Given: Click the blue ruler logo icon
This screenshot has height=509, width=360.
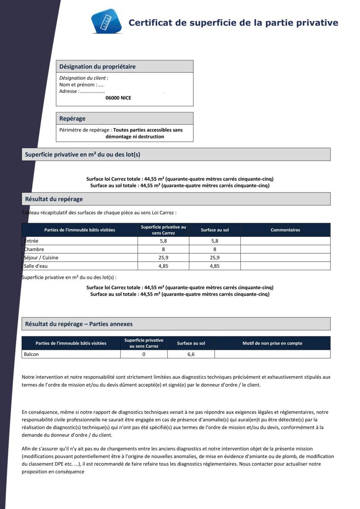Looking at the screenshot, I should (107, 21).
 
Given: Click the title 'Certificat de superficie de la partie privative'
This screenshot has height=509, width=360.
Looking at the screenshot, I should (233, 23).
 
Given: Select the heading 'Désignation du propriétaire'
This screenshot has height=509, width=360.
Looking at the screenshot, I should (97, 67).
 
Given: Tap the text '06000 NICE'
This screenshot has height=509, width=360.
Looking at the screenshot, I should (118, 98).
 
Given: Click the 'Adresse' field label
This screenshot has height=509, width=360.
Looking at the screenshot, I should (68, 91).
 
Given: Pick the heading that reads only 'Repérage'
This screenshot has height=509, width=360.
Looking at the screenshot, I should (72, 119).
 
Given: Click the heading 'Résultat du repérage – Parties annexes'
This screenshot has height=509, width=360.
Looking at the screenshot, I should (79, 324).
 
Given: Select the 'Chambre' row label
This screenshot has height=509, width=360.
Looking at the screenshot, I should (34, 249).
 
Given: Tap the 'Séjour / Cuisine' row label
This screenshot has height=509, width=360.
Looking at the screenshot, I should (41, 258).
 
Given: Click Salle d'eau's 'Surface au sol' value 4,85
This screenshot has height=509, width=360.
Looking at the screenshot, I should (214, 266).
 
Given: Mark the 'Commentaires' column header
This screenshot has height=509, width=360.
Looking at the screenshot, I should (285, 230).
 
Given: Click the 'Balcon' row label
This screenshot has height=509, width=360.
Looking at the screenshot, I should (31, 354).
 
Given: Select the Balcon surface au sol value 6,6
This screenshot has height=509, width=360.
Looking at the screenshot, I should (191, 354).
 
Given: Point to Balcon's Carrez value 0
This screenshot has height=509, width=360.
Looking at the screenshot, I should (144, 354).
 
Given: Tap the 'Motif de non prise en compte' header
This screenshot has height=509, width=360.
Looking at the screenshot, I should (272, 343).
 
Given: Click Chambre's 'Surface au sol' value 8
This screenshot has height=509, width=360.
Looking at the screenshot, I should (214, 249).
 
